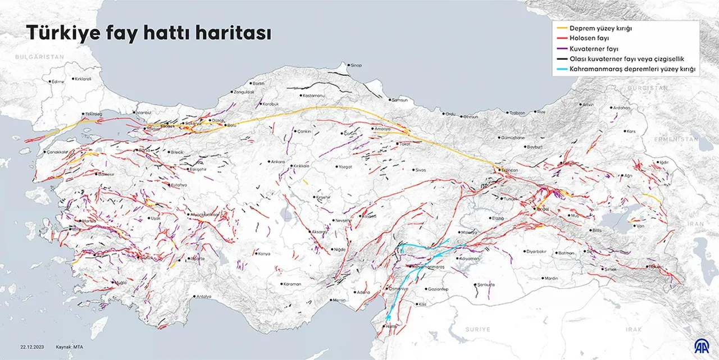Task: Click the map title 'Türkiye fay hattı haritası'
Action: point(149,34)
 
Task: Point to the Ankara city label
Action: point(278,162)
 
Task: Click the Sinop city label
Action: point(356,65)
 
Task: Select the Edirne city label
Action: point(58,81)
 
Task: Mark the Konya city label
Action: point(263,253)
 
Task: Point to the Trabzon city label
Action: point(517,113)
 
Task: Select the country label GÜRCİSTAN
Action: point(648,88)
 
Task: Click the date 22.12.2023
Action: point(33,347)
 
